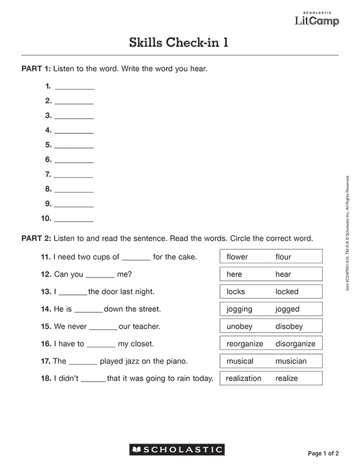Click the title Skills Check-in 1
[179, 43]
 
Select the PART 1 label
[36, 69]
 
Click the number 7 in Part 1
[48, 174]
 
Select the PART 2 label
[36, 239]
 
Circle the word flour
[283, 257]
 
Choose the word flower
[237, 257]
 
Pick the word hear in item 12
[283, 275]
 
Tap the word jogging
[239, 310]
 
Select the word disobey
[289, 327]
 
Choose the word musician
[291, 361]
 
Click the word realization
[244, 379]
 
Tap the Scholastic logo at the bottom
[177, 450]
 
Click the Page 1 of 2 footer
[323, 453]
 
